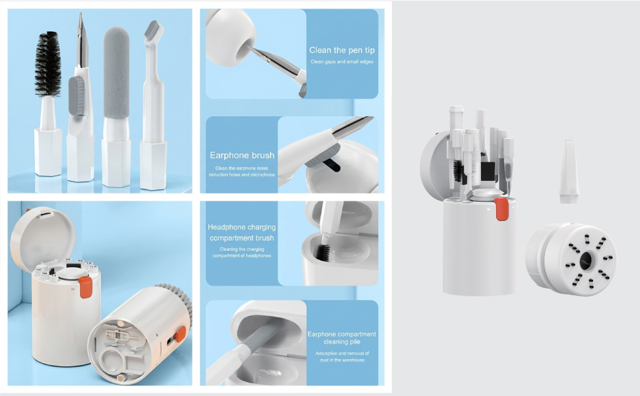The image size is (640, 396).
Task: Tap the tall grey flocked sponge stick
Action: click(116, 73)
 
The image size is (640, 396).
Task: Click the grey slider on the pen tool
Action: click(77, 96)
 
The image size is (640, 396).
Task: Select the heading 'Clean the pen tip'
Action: click(342, 50)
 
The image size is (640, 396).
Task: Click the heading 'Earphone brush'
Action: click(242, 155)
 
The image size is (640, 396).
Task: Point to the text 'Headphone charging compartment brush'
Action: click(241, 232)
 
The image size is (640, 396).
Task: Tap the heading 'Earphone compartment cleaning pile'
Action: click(342, 338)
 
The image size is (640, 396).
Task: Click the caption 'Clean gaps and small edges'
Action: click(342, 61)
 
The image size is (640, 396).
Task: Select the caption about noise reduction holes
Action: click(241, 172)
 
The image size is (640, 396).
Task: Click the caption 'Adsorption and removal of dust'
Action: click(342, 356)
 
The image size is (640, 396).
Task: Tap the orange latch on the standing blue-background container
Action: click(85, 286)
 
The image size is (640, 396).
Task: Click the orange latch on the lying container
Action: click(179, 334)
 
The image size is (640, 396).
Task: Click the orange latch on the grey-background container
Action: click(501, 209)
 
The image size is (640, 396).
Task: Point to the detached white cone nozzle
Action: click(568, 172)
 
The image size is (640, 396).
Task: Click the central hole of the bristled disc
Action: click(586, 259)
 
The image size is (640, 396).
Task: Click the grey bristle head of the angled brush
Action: click(152, 28)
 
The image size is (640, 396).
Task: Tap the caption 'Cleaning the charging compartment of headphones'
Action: click(241, 252)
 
